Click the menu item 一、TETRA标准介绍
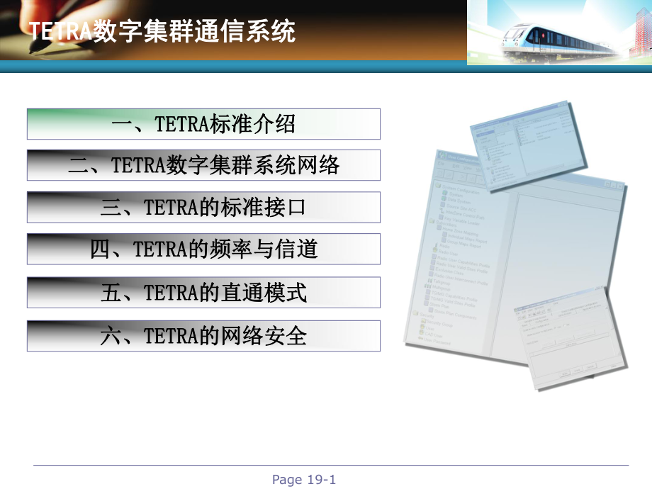pos(203,124)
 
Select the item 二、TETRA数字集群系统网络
pos(203,165)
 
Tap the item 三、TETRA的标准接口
pos(203,207)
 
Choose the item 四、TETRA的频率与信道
pos(203,249)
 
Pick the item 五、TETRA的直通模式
pos(203,292)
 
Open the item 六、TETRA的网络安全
pos(203,335)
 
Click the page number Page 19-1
pos(304,480)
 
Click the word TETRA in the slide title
pos(60,31)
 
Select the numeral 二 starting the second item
pos(79,165)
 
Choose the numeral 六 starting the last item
pos(111,335)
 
